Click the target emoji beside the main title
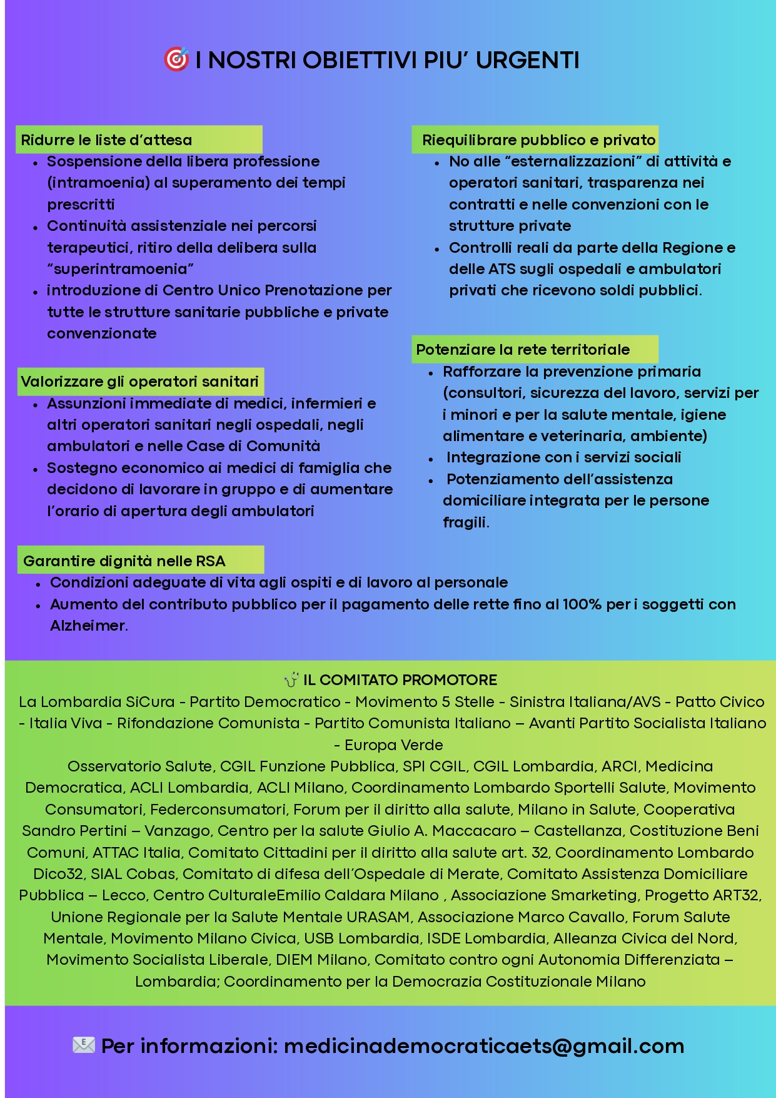(176, 59)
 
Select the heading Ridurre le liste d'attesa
(106, 140)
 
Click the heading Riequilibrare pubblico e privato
(538, 140)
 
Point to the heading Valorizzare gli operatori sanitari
(139, 382)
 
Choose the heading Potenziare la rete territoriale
(523, 350)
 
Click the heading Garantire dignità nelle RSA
(124, 561)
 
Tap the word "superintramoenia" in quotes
(121, 269)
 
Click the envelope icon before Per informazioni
(84, 1045)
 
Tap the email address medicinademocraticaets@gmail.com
(484, 1046)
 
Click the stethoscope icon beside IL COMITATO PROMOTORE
(291, 679)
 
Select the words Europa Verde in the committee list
(393, 745)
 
